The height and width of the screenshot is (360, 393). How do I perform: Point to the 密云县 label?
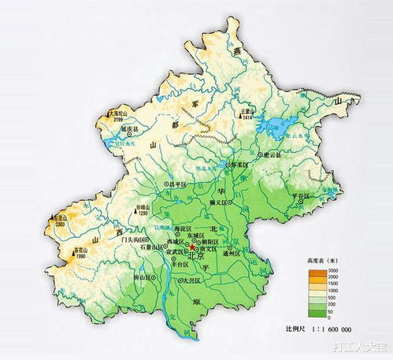pos(273,155)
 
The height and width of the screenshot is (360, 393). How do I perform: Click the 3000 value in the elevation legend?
pos(333,269)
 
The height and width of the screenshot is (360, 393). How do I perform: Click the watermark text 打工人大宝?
pos(358,346)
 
